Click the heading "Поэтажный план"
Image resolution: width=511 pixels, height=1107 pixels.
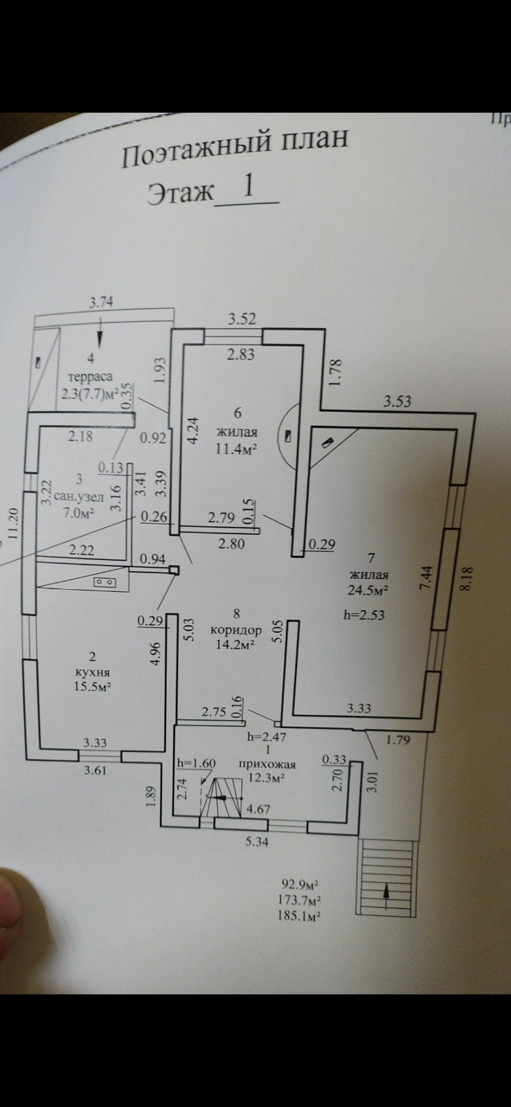[x=235, y=148]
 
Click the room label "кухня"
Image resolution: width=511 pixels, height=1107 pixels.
[x=92, y=672]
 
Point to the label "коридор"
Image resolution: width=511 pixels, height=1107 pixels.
[x=236, y=631]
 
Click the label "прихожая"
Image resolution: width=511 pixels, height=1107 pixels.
[x=267, y=764]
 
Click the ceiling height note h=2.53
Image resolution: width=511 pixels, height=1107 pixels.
[x=364, y=614]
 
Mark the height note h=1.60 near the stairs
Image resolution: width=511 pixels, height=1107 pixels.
[x=197, y=763]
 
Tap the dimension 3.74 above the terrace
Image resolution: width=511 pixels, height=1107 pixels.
[x=101, y=301]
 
